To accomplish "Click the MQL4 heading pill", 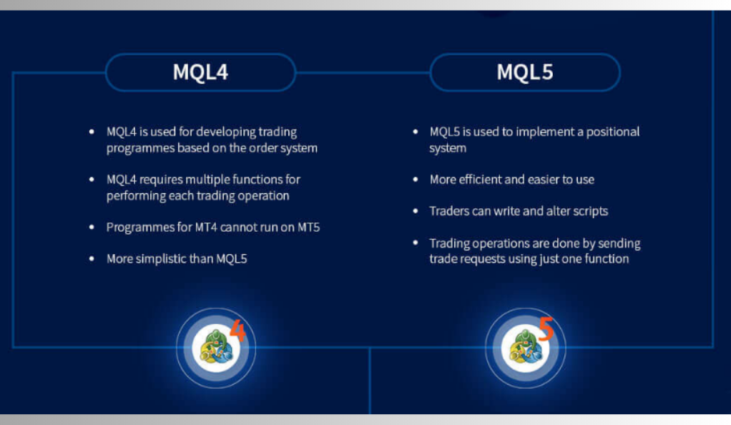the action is (x=200, y=72).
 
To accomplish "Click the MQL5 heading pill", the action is (x=525, y=72).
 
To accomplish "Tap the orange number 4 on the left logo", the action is (x=237, y=330).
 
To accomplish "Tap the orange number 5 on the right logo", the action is (x=546, y=328).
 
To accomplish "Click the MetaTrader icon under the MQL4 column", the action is (x=216, y=348).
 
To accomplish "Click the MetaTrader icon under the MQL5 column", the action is (x=526, y=348).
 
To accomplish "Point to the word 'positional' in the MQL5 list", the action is (x=612, y=132).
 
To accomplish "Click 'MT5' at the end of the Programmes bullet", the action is (x=308, y=228).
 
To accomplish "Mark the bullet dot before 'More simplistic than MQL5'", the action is (x=92, y=258).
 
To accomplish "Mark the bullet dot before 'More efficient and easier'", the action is (x=416, y=179).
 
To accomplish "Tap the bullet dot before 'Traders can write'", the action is (x=416, y=211).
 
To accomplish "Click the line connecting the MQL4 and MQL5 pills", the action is (x=363, y=72).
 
